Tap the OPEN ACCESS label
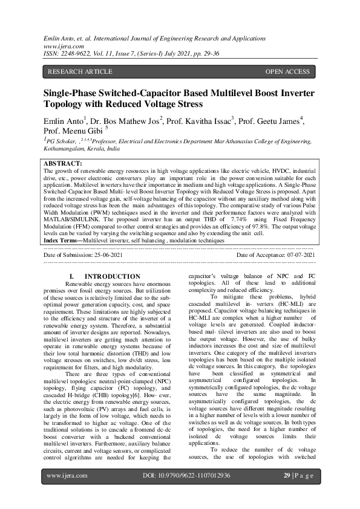coord(287,72)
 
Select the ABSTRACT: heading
coord(64,164)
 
